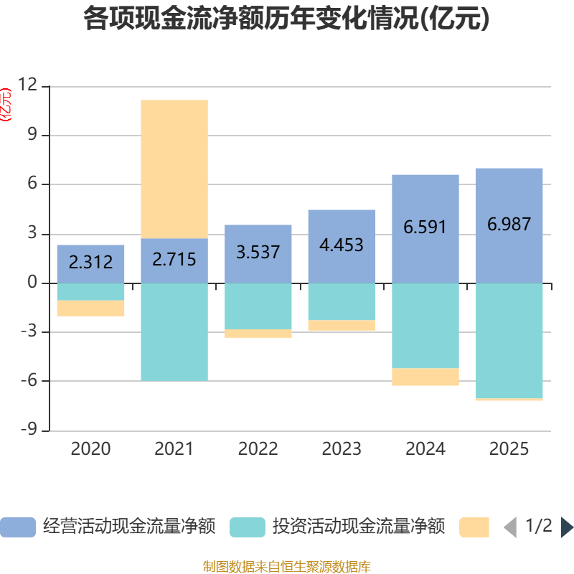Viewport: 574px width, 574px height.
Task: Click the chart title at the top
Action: [286, 19]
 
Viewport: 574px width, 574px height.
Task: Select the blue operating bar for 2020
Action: [90, 263]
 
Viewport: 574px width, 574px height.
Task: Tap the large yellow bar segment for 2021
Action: [174, 169]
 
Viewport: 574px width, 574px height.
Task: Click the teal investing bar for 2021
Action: [174, 331]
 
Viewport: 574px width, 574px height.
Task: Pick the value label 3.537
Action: [258, 253]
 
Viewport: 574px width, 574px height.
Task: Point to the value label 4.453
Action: [342, 245]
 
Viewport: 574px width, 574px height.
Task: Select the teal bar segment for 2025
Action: [509, 340]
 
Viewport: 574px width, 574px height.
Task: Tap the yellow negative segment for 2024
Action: [425, 377]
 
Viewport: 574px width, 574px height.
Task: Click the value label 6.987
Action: [509, 224]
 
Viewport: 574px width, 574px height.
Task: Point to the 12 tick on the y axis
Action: [28, 85]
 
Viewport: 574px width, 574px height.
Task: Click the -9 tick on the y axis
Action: [28, 430]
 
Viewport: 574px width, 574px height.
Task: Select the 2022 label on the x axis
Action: [258, 449]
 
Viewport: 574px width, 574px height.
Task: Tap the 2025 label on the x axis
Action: [509, 449]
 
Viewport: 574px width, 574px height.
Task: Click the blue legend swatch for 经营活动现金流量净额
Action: [18, 527]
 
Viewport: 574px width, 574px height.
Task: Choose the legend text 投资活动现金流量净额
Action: [359, 527]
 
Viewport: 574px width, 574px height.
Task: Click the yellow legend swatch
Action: [474, 527]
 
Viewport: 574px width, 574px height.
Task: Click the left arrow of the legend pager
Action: [510, 527]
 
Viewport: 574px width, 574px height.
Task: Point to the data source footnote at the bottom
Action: [286, 567]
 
